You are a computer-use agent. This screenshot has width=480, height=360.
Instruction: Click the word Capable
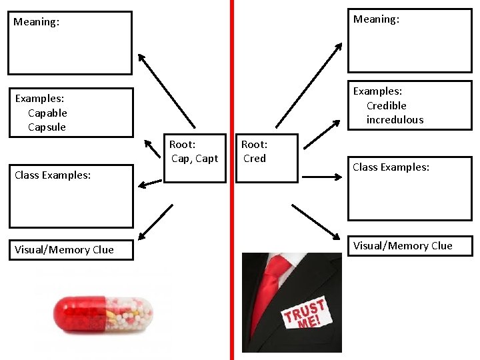click(x=47, y=113)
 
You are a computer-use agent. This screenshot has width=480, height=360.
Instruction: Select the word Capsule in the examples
click(x=47, y=127)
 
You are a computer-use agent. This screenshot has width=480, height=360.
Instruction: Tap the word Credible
click(x=386, y=106)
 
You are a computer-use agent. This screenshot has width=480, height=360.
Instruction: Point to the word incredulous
click(x=395, y=120)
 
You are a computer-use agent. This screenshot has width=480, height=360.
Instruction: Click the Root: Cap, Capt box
click(x=195, y=158)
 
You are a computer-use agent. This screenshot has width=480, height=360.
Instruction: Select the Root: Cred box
click(x=267, y=158)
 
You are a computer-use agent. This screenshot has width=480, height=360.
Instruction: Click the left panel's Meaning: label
click(x=36, y=22)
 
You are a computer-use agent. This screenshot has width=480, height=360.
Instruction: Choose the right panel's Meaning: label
click(x=376, y=19)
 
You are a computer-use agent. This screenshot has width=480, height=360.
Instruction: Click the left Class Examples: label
click(x=53, y=175)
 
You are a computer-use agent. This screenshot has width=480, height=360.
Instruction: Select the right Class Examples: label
click(x=391, y=167)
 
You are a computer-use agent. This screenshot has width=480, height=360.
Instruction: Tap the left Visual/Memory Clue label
click(x=64, y=250)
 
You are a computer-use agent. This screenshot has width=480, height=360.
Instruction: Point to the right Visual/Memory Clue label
click(x=403, y=246)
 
